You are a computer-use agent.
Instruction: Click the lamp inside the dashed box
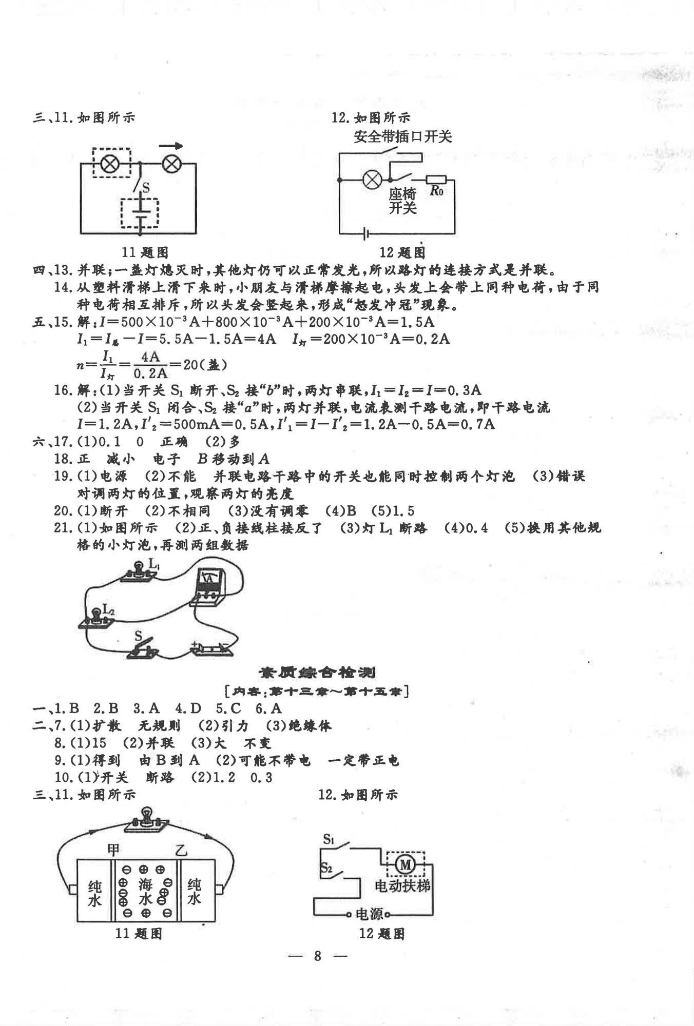tap(110, 164)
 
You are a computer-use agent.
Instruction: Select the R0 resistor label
tap(436, 191)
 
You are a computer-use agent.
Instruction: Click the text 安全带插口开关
tap(402, 136)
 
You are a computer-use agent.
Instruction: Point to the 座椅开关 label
tap(402, 201)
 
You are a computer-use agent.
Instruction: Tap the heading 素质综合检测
tap(316, 672)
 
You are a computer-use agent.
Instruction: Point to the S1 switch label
tap(329, 839)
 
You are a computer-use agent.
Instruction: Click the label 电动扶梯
tap(402, 886)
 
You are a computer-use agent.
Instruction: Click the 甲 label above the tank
tap(113, 850)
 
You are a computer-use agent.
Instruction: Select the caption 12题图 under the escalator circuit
tap(382, 933)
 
